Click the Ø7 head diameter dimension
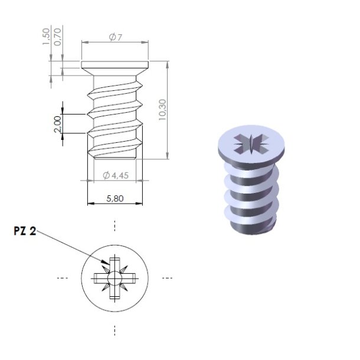click(x=116, y=37)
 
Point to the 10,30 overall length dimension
click(x=162, y=109)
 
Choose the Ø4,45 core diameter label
click(x=115, y=175)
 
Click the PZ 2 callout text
click(x=25, y=232)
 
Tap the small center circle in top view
click(x=114, y=277)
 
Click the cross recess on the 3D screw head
click(x=250, y=142)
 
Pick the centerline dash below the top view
click(x=114, y=328)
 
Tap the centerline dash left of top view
click(x=61, y=277)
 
